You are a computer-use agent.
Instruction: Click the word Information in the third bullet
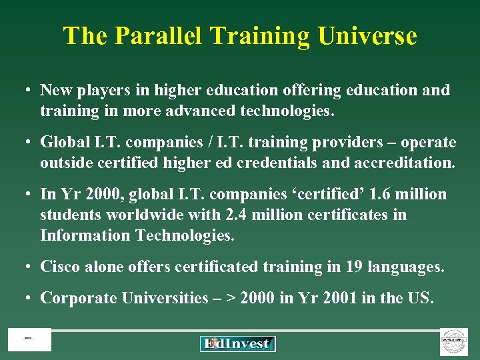85,235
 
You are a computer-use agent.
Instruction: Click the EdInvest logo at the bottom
237,344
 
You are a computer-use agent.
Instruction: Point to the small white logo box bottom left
29,340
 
